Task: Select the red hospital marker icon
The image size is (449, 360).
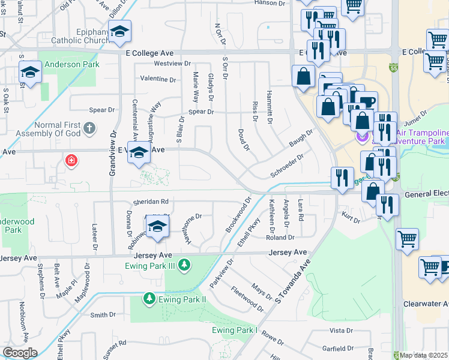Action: (71, 161)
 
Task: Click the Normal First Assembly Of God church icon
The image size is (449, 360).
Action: (89, 128)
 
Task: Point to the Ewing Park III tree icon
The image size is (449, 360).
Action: (185, 265)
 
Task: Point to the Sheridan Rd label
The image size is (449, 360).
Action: (151, 202)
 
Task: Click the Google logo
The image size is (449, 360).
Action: (20, 352)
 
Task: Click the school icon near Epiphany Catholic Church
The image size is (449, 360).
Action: (121, 33)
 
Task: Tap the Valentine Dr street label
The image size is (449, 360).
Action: (158, 79)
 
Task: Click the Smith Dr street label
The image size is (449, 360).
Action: (103, 314)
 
